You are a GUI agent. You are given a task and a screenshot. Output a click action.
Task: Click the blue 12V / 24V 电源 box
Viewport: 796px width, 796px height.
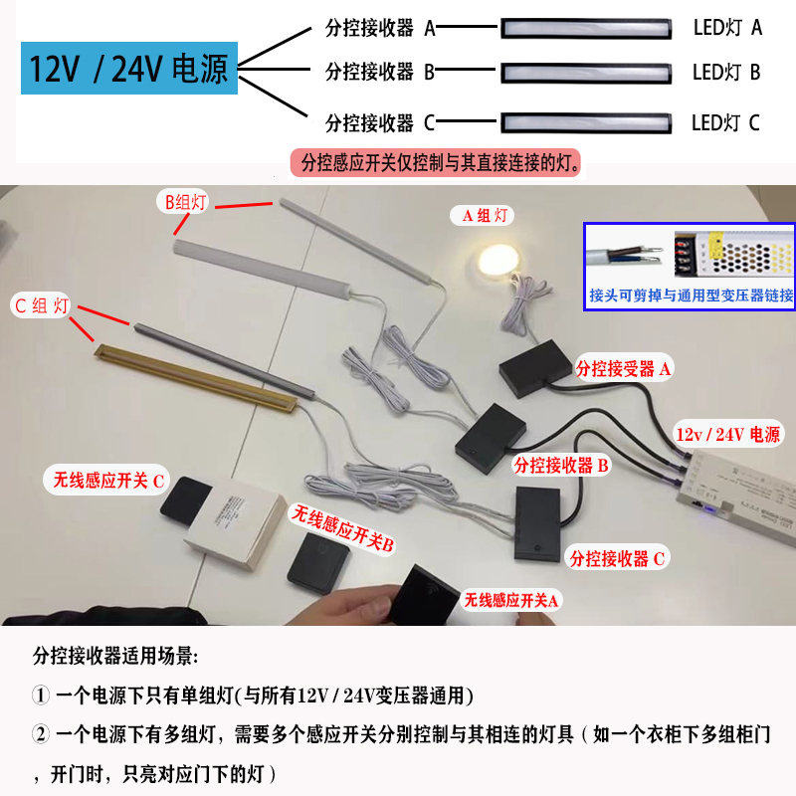tap(129, 68)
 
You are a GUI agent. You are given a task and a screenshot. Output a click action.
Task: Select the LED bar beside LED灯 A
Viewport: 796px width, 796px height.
tap(586, 29)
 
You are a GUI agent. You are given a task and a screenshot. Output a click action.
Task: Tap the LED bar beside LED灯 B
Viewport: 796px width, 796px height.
tap(586, 73)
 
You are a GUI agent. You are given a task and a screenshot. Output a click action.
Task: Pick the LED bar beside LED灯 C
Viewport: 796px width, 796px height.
tap(586, 122)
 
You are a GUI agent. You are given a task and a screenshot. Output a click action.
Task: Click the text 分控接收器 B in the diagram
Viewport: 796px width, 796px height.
tap(380, 72)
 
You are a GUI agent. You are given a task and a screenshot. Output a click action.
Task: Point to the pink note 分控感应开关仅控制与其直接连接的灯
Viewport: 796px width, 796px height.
tap(436, 163)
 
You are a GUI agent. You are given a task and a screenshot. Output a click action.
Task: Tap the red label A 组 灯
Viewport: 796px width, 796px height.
tap(484, 215)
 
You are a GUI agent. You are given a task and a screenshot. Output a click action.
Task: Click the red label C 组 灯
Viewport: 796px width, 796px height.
tap(41, 306)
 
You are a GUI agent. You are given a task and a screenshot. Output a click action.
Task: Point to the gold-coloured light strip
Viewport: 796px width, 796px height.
tap(196, 378)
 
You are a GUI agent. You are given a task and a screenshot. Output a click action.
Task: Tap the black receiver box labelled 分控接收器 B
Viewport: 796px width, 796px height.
tap(491, 439)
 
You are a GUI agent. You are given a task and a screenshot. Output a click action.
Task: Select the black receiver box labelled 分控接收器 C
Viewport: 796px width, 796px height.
tap(539, 524)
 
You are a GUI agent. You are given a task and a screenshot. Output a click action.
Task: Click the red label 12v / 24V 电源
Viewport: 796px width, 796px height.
tap(727, 434)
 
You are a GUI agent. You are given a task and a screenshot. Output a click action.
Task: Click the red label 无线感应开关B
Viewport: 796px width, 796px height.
tap(343, 528)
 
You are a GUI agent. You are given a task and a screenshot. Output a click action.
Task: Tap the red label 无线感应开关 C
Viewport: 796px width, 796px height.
tap(108, 480)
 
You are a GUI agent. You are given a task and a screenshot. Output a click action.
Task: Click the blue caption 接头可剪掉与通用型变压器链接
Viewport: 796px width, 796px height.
tap(691, 295)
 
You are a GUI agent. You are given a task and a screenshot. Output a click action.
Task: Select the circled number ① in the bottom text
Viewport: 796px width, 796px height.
tap(41, 695)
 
